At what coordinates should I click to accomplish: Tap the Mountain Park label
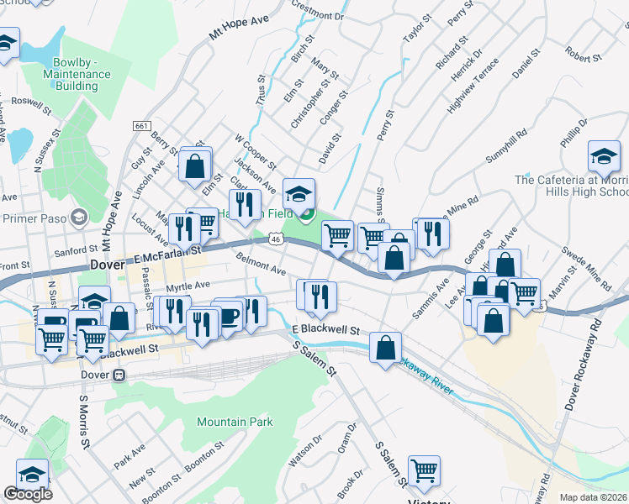(235, 422)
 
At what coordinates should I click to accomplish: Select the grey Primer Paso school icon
(80, 218)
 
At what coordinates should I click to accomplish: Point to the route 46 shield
(276, 239)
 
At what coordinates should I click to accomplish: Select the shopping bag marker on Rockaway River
(385, 349)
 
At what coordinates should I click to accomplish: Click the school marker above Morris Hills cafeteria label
(604, 157)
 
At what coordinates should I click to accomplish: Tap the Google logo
(28, 494)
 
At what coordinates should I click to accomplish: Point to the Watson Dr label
(304, 452)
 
